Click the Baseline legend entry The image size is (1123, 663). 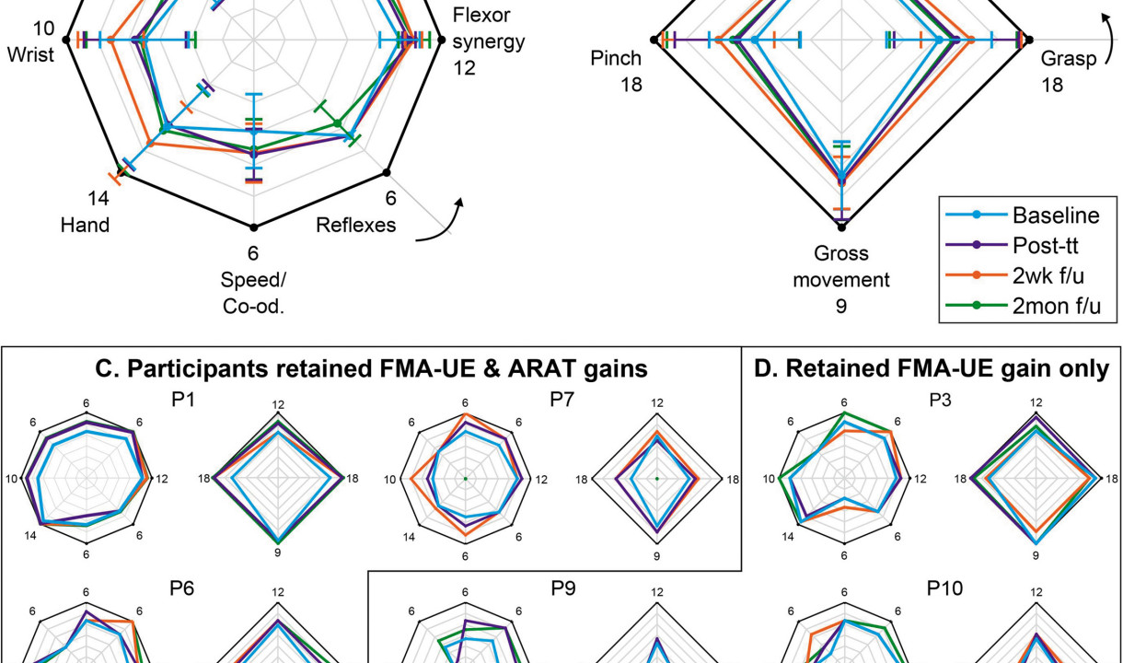click(1056, 215)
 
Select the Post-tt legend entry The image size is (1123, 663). click(1050, 244)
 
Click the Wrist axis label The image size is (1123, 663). click(30, 54)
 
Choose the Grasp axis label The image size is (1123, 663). click(1069, 60)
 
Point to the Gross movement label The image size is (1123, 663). click(841, 266)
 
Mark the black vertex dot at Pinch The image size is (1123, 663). click(654, 39)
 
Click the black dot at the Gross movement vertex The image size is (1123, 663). click(841, 226)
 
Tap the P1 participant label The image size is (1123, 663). click(180, 401)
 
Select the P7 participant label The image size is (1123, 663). click(561, 401)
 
